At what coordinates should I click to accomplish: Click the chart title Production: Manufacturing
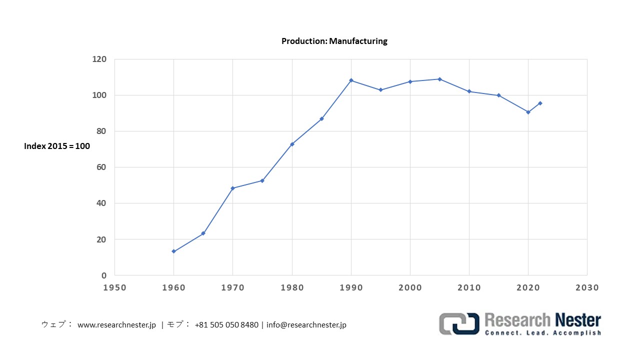tap(334, 41)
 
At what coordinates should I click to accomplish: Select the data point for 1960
tap(173, 251)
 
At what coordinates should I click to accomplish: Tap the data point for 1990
tap(351, 80)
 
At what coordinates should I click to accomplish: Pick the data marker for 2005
tap(439, 79)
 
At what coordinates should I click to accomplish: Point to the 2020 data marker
tap(528, 112)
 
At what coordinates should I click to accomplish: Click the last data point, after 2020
tap(540, 103)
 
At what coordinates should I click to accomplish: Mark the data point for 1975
tap(262, 180)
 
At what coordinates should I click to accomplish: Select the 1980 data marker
tap(292, 144)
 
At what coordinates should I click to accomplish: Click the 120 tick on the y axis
tap(99, 59)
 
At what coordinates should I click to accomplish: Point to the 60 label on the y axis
tap(101, 167)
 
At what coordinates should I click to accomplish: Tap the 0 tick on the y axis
tap(104, 275)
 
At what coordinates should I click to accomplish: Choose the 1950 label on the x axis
tap(114, 287)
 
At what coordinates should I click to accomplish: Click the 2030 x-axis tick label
tap(587, 287)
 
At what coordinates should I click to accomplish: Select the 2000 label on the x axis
tap(410, 287)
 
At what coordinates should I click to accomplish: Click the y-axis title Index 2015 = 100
tap(57, 146)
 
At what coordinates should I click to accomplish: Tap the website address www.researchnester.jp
tap(116, 325)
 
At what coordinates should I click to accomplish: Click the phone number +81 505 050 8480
tap(226, 325)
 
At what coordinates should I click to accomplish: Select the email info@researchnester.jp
tap(306, 325)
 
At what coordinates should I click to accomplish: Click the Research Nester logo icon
tap(459, 323)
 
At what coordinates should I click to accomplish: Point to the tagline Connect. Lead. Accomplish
tap(543, 332)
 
